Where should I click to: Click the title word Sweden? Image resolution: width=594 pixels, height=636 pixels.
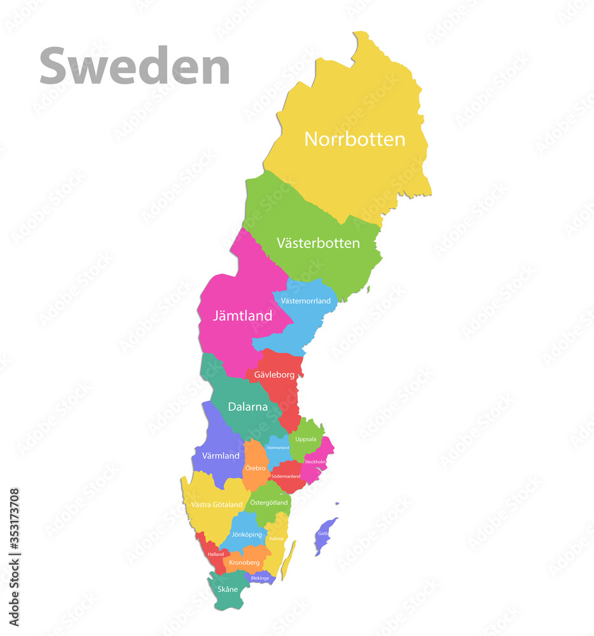pyautogui.click(x=134, y=66)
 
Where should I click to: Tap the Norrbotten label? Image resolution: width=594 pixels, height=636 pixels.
pyautogui.click(x=354, y=139)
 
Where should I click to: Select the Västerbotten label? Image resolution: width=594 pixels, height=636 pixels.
pyautogui.click(x=318, y=243)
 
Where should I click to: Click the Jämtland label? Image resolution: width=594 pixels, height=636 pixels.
pyautogui.click(x=242, y=315)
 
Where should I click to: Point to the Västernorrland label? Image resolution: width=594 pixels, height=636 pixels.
pyautogui.click(x=306, y=301)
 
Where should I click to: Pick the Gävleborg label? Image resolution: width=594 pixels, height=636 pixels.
pyautogui.click(x=274, y=375)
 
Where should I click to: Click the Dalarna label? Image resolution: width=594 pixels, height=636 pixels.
pyautogui.click(x=247, y=407)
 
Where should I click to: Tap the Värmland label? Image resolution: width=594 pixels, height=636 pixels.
pyautogui.click(x=221, y=456)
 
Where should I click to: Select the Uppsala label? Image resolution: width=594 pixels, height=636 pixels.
pyautogui.click(x=306, y=439)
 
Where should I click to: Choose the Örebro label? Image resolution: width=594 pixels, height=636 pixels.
pyautogui.click(x=255, y=468)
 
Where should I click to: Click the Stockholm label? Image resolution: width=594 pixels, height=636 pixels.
pyautogui.click(x=315, y=462)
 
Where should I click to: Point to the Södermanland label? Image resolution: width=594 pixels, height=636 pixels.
pyautogui.click(x=286, y=476)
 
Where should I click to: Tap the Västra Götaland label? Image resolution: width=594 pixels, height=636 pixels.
pyautogui.click(x=217, y=505)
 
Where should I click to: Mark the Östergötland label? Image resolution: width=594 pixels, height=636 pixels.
pyautogui.click(x=268, y=502)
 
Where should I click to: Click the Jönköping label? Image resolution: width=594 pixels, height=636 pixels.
pyautogui.click(x=247, y=535)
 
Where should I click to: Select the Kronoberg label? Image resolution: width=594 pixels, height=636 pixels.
pyautogui.click(x=244, y=563)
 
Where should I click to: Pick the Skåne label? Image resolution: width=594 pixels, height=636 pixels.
pyautogui.click(x=228, y=589)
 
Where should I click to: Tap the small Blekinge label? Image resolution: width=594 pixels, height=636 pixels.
pyautogui.click(x=259, y=578)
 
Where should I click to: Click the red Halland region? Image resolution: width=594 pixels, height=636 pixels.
pyautogui.click(x=214, y=555)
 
